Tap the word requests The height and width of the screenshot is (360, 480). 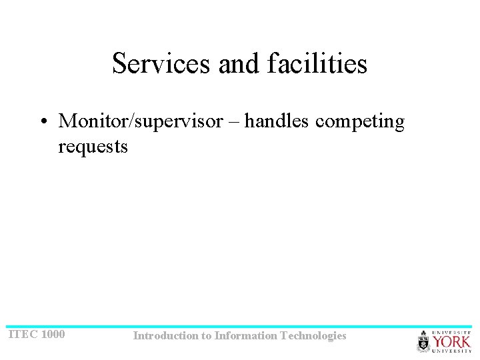93,147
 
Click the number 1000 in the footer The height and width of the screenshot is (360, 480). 53,334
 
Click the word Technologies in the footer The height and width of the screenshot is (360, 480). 314,336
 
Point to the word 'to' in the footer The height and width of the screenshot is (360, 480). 207,336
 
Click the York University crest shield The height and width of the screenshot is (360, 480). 424,342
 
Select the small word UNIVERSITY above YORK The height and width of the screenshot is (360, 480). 452,332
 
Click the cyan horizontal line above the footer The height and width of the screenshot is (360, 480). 240,327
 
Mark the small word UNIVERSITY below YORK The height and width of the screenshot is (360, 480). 452,351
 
